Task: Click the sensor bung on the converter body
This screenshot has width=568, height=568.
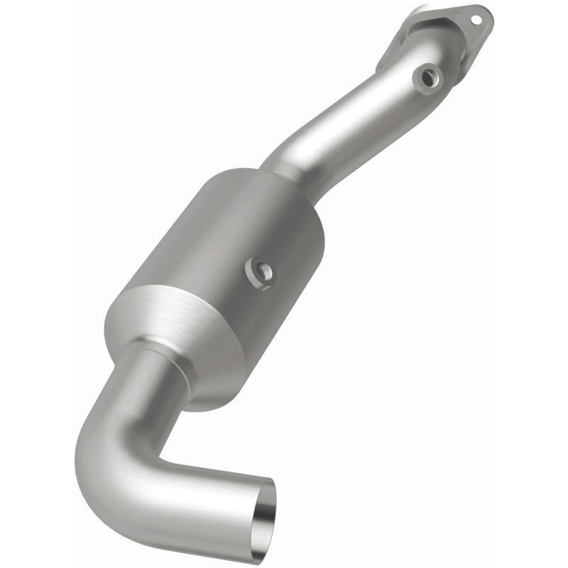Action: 261,271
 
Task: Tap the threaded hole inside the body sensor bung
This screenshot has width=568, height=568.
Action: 263,270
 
